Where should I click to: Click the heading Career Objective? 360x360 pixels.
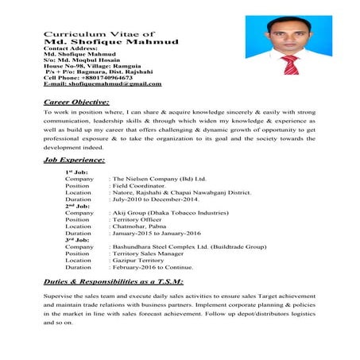click(76, 103)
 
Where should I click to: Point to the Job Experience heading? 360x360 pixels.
click(74, 161)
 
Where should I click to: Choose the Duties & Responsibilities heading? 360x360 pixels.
click(114, 281)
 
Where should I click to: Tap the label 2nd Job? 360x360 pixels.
click(77, 206)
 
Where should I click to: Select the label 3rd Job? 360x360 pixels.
click(77, 240)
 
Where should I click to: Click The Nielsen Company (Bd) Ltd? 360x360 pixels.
click(160, 180)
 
